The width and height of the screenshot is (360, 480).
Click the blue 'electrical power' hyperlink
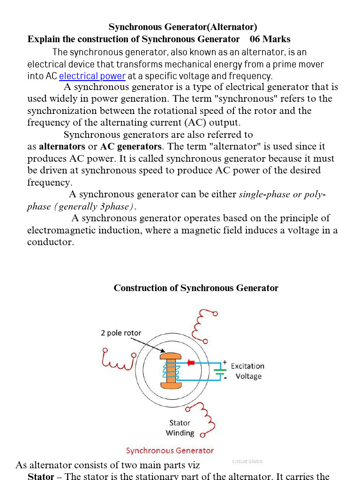point(92,76)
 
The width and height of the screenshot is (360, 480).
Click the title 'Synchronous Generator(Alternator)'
point(183,27)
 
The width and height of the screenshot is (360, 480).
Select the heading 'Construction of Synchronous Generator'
point(196,288)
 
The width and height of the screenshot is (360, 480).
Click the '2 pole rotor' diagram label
point(121,333)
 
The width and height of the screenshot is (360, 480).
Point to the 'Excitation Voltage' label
point(247,371)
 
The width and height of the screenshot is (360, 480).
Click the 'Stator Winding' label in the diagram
point(180,427)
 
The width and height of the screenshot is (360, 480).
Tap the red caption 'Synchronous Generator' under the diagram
point(170,450)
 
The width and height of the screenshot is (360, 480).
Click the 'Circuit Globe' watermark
point(247,461)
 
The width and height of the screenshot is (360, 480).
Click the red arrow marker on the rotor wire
point(190,362)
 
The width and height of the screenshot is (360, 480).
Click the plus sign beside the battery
point(225,362)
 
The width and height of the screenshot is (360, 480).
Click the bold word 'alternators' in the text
point(62,146)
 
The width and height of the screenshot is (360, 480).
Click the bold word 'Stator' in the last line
point(41,476)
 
